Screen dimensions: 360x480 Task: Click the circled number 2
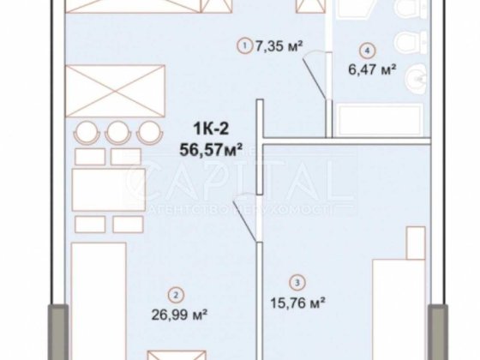coord(177,297)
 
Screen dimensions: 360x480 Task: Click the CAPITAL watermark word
coord(231,183)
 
